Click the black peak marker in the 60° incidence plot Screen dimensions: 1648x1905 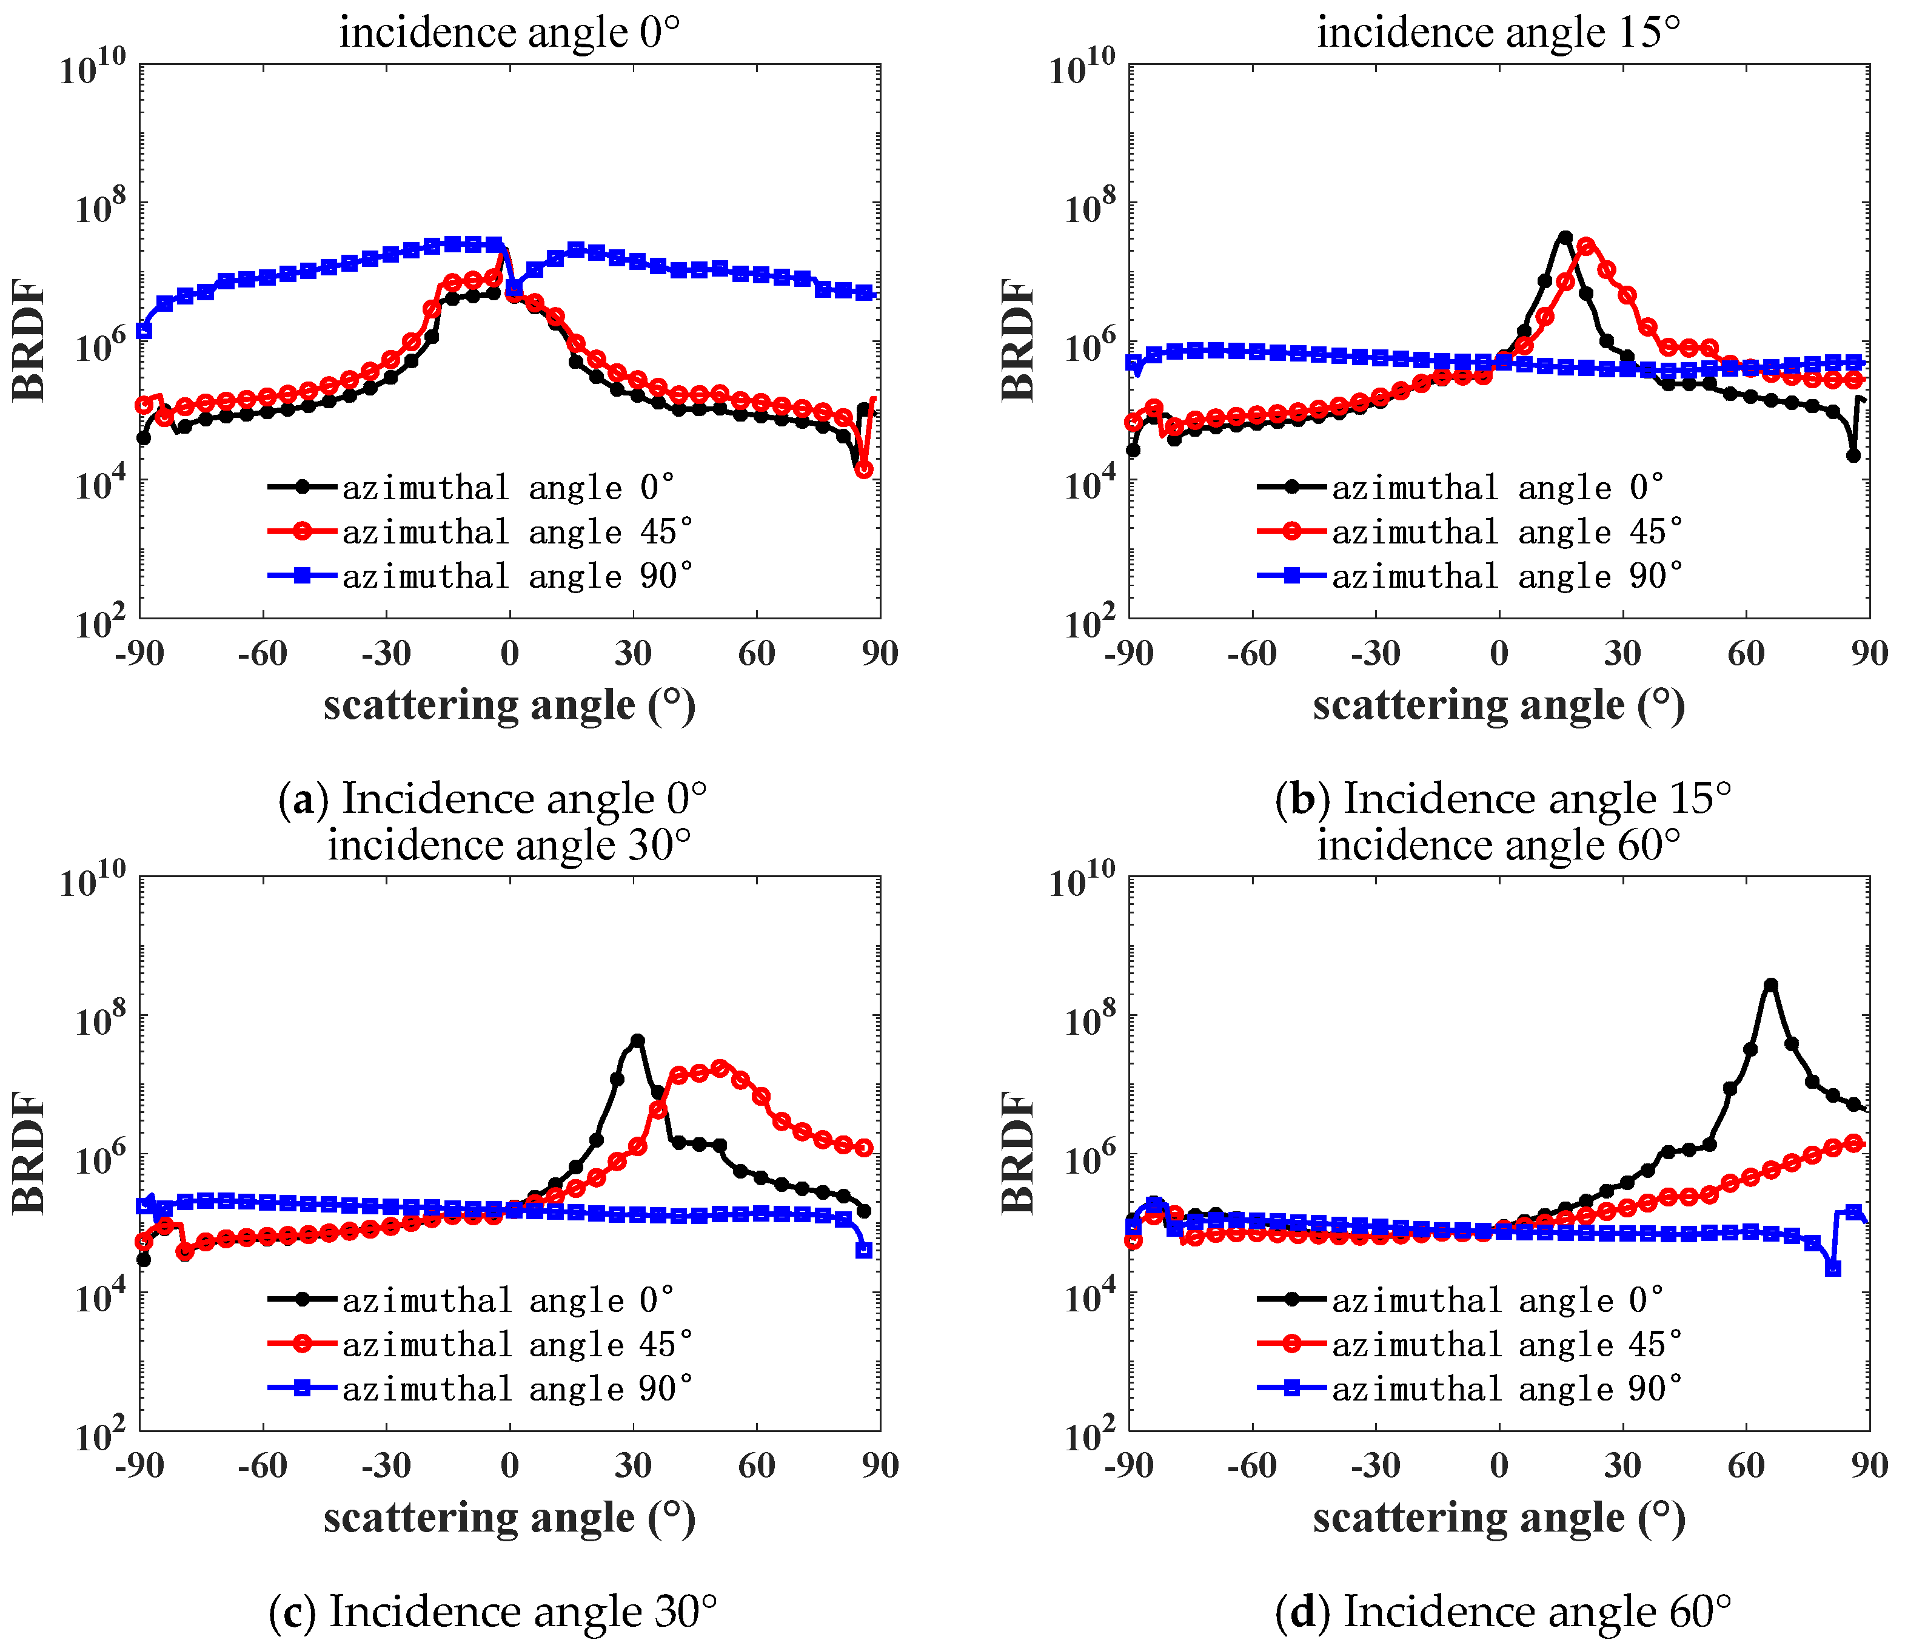[1770, 985]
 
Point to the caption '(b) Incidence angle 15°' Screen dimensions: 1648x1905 [1502, 798]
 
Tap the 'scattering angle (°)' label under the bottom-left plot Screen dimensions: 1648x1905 [509, 1518]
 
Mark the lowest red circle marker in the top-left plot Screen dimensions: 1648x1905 [863, 470]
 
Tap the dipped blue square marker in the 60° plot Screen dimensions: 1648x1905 [1832, 1268]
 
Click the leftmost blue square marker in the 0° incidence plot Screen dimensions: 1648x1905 [144, 330]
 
